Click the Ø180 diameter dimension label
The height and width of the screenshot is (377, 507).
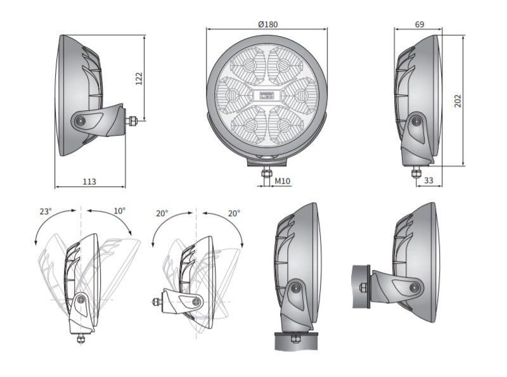coord(267,24)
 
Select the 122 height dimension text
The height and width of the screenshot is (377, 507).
coord(139,79)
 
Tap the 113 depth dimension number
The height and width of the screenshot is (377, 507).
coord(89,181)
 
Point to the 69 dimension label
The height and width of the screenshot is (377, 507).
coord(420,24)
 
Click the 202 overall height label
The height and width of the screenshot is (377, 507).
coord(458,101)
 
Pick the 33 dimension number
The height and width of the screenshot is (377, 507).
coord(428,180)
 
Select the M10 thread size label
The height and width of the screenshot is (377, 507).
coord(282,181)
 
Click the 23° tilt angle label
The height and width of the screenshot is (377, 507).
coord(46,212)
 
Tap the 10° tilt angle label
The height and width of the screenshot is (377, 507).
coord(119,211)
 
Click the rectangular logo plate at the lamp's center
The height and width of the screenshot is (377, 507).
coord(267,95)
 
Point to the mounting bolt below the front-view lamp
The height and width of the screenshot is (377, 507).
coord(266,176)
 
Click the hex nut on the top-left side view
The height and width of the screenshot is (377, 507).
coord(132,121)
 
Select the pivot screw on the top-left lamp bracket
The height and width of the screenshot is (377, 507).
coord(80,121)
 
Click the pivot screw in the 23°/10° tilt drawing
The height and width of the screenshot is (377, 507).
coord(81,300)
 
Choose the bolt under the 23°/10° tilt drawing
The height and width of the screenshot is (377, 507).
coord(81,339)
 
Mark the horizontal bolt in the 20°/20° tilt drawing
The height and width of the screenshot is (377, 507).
coord(157,302)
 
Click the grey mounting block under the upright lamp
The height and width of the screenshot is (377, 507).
coord(296,341)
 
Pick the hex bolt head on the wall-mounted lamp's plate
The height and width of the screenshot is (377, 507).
coord(363,287)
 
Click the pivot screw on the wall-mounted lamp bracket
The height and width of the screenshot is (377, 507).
coord(414,287)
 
